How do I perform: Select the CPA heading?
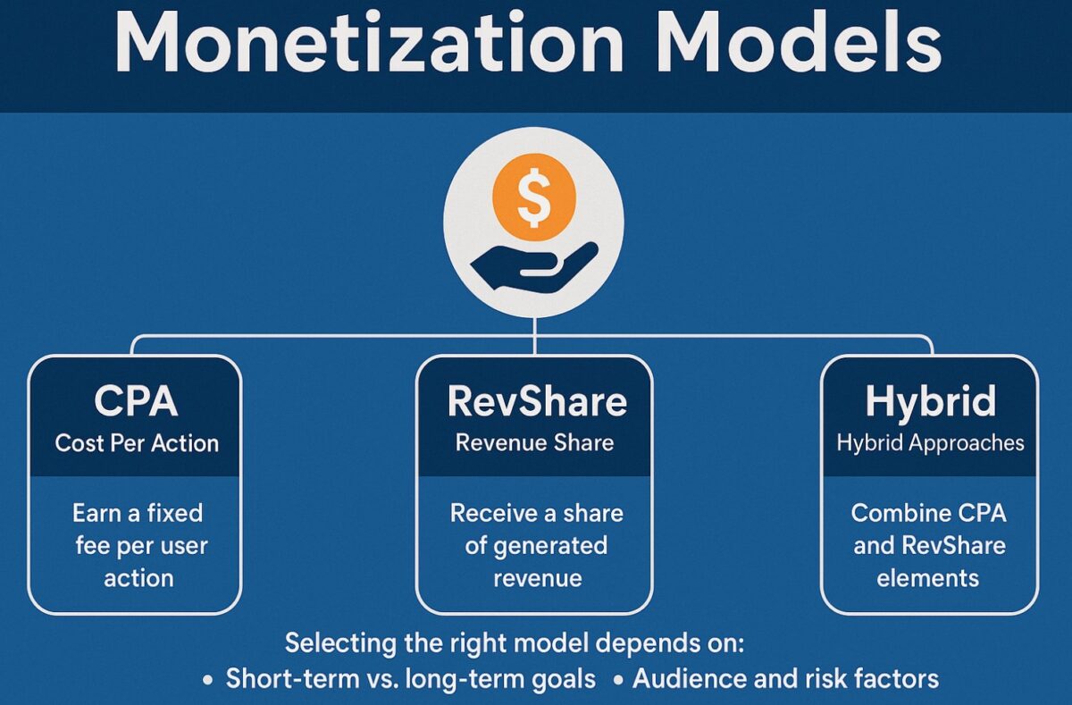click(x=136, y=402)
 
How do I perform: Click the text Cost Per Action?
click(x=136, y=443)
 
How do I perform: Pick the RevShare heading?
click(x=536, y=402)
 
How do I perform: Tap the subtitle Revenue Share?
click(x=534, y=443)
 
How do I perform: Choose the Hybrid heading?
click(x=930, y=402)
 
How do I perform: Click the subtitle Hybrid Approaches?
click(x=930, y=443)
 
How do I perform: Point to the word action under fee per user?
click(x=138, y=578)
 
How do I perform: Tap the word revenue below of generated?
click(x=537, y=578)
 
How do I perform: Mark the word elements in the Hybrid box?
click(x=928, y=578)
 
